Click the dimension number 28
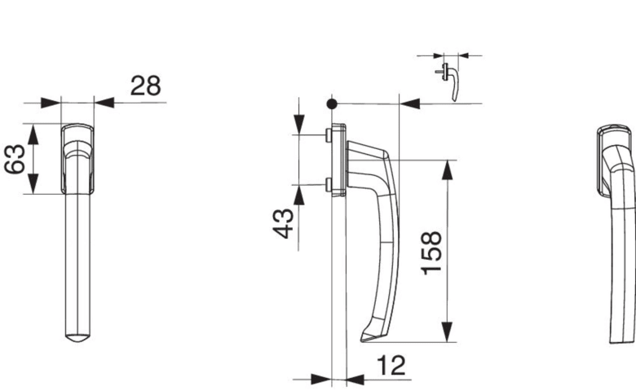[x=146, y=86]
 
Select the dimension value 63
[x=15, y=159]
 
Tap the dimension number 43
[x=283, y=223]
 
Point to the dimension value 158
[x=431, y=253]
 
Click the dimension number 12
[x=391, y=366]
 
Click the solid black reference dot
[x=332, y=104]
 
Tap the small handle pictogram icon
[x=449, y=81]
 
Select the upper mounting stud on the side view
[x=328, y=135]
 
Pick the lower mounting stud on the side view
[x=328, y=185]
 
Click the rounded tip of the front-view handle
[x=78, y=338]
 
